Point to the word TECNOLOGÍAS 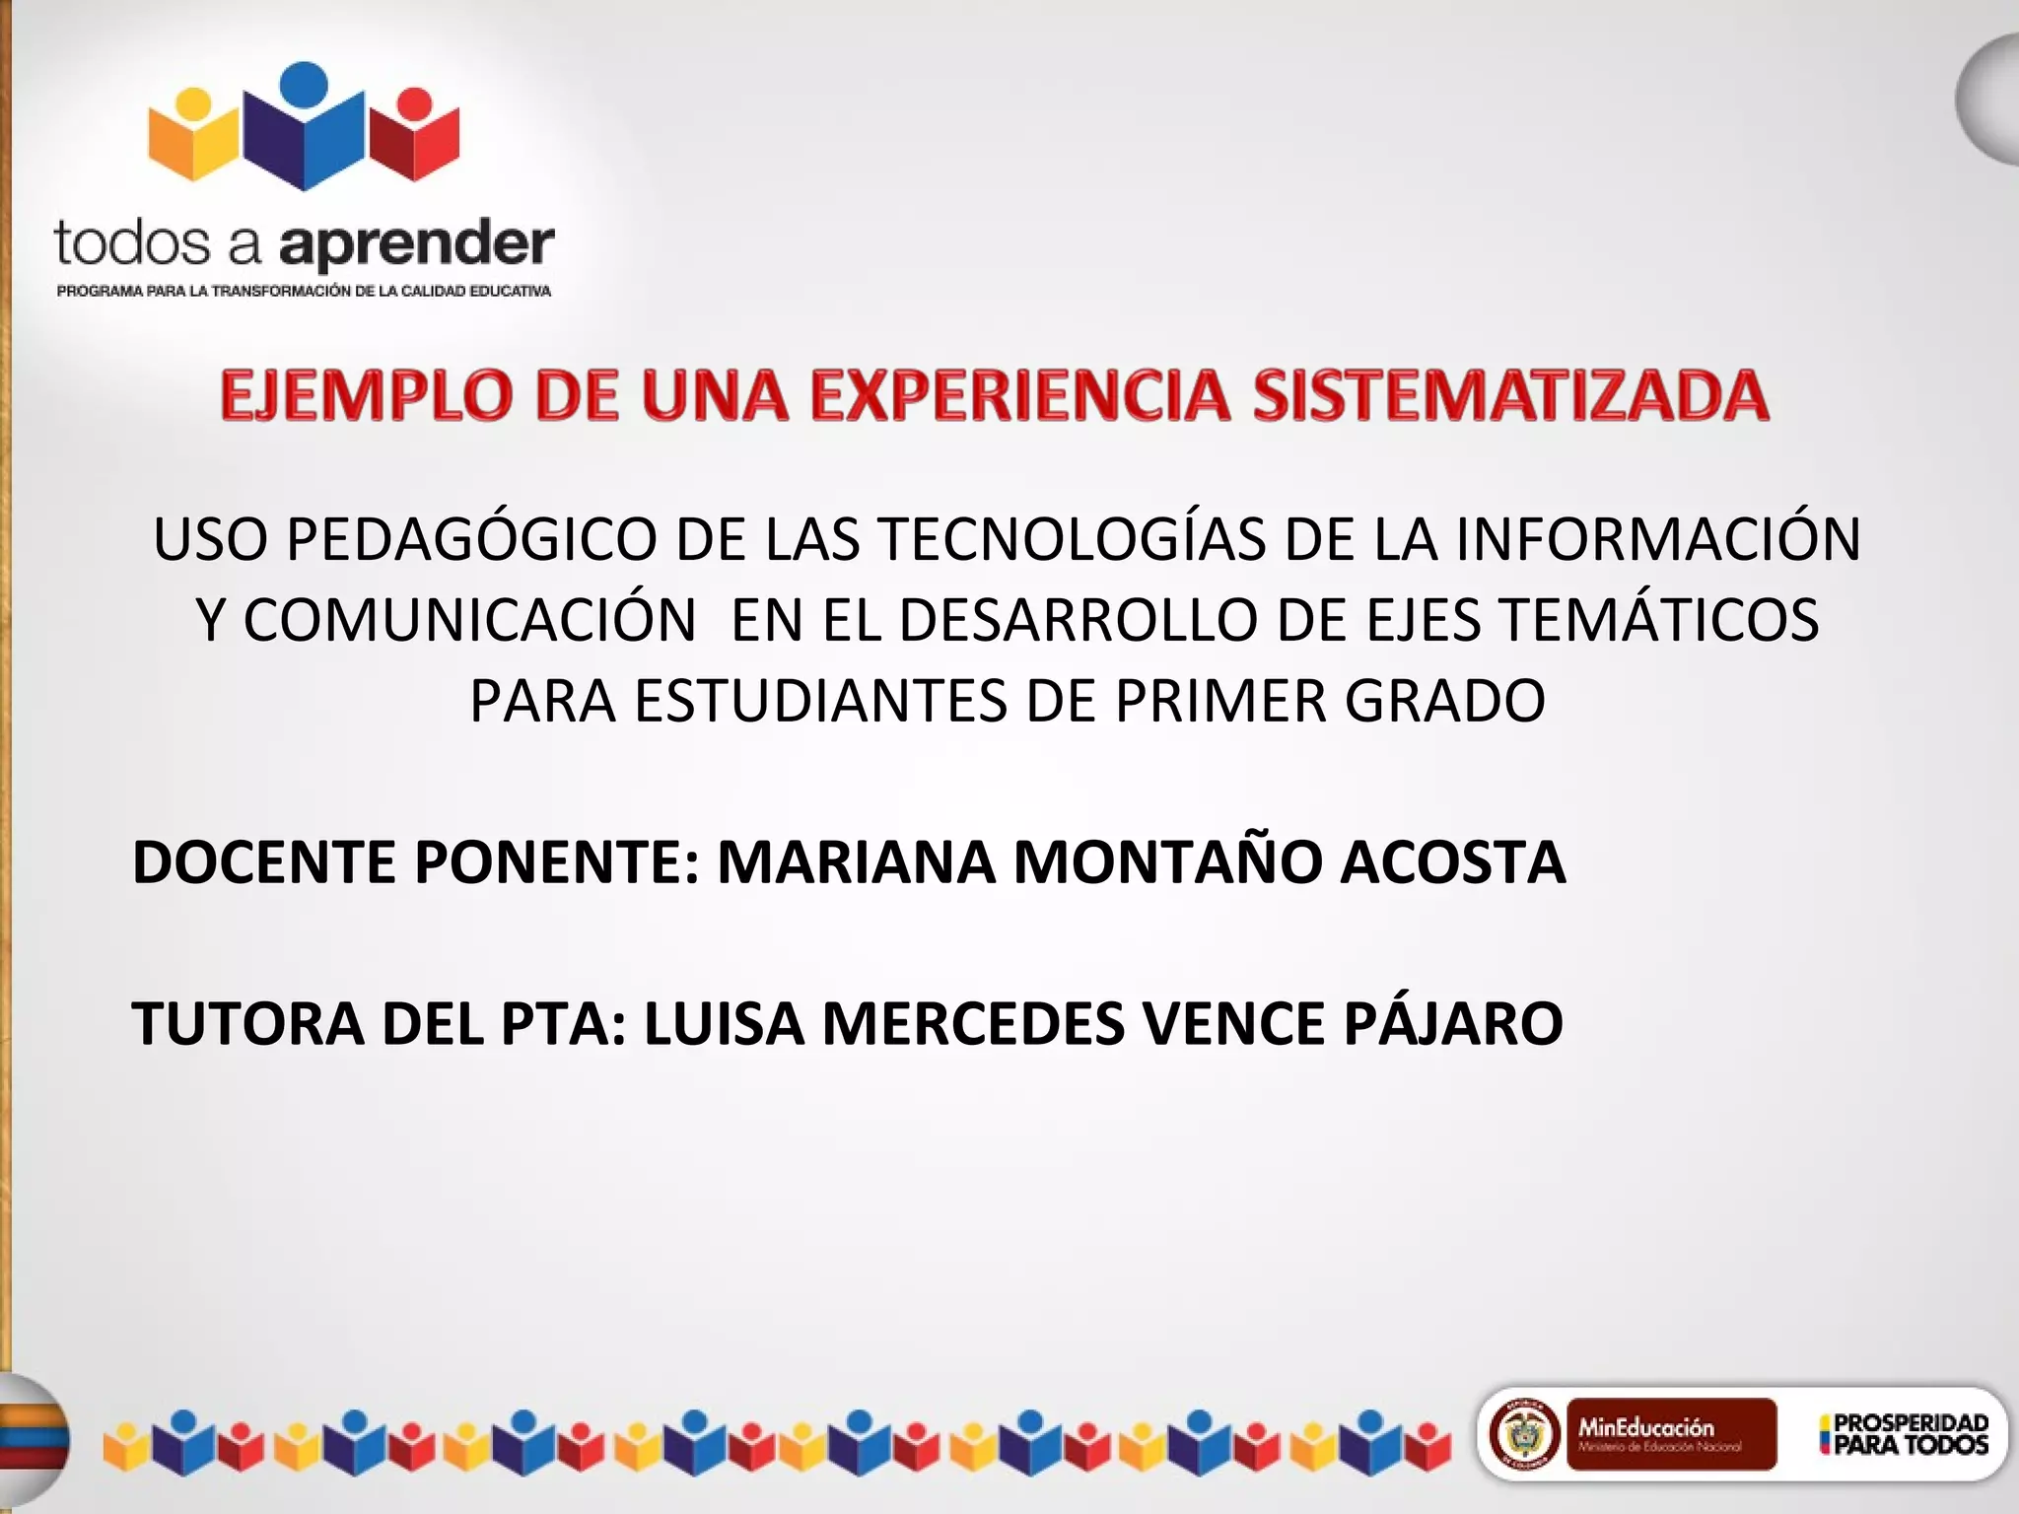1072,540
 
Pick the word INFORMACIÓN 1658,540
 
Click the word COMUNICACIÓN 469,621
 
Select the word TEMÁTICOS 1657,621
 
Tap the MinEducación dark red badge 1671,1433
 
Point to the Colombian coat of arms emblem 1523,1433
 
